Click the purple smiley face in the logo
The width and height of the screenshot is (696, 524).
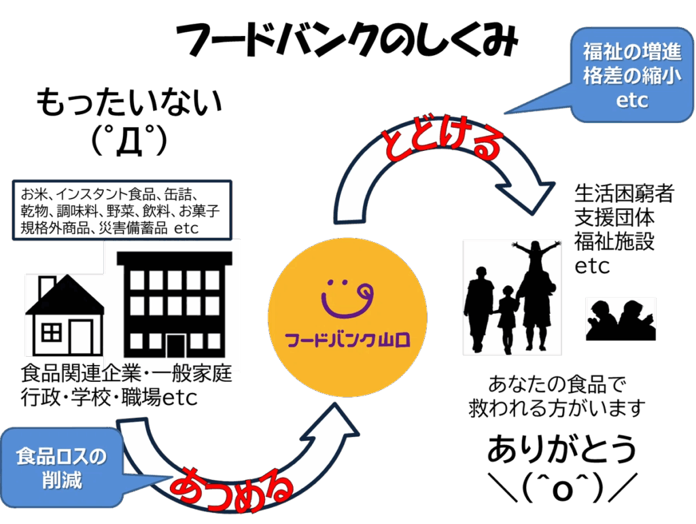tap(347, 297)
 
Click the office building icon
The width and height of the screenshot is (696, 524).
tap(174, 302)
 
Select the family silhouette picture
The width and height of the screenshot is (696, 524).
tap(512, 297)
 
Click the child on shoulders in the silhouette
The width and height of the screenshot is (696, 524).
tap(534, 256)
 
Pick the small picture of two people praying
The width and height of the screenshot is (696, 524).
tap(621, 319)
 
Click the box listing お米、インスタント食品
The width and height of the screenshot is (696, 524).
tap(122, 209)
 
